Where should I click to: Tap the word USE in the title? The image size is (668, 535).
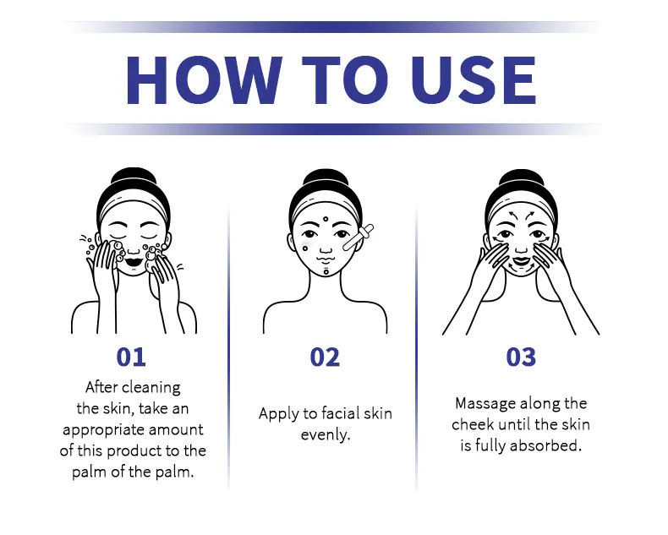[x=473, y=79]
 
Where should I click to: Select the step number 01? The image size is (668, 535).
[x=131, y=357]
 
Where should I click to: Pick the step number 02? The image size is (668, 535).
[x=325, y=357]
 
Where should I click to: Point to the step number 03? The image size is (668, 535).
[x=521, y=357]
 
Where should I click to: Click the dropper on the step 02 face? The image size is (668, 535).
[x=359, y=237]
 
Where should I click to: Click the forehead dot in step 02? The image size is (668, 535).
[x=326, y=219]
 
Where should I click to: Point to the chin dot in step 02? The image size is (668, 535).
[x=326, y=271]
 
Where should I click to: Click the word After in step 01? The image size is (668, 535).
[x=101, y=387]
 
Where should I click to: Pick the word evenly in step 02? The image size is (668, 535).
[x=326, y=435]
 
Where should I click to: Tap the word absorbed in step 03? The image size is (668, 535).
[x=545, y=445]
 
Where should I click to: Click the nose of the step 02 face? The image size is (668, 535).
[x=326, y=248]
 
